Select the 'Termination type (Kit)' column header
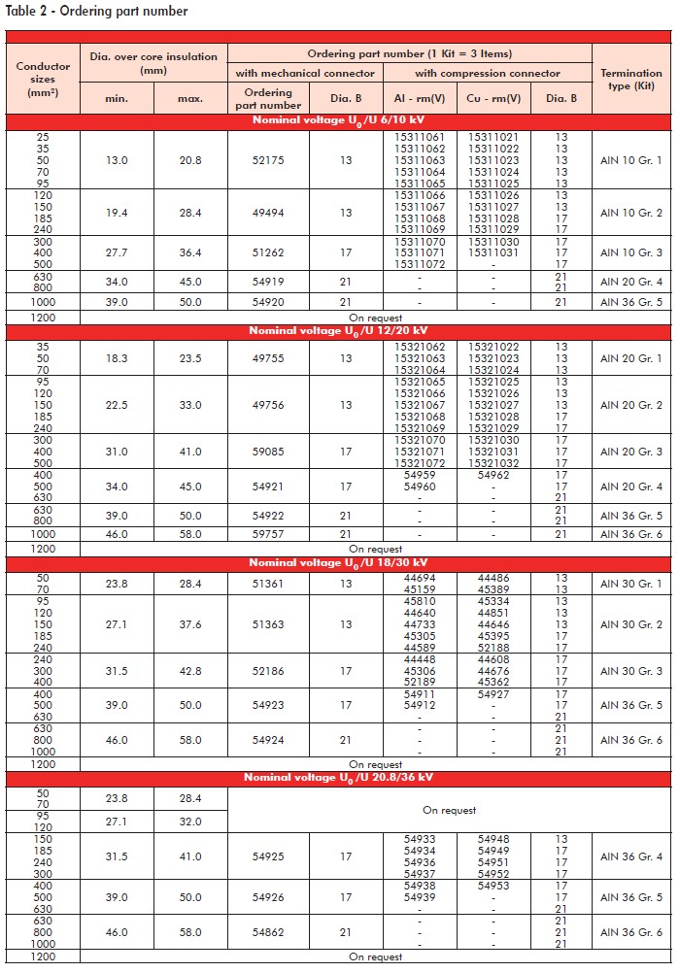tap(630, 79)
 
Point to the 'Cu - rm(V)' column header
tap(493, 99)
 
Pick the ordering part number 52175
tap(268, 160)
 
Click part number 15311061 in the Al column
tap(420, 137)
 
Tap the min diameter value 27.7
tap(117, 252)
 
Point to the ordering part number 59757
tap(268, 534)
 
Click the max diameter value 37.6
tap(190, 624)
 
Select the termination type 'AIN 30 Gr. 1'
tap(630, 584)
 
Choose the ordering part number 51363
tap(268, 624)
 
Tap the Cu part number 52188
tap(493, 648)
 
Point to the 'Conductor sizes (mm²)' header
tap(43, 79)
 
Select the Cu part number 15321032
tap(493, 463)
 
